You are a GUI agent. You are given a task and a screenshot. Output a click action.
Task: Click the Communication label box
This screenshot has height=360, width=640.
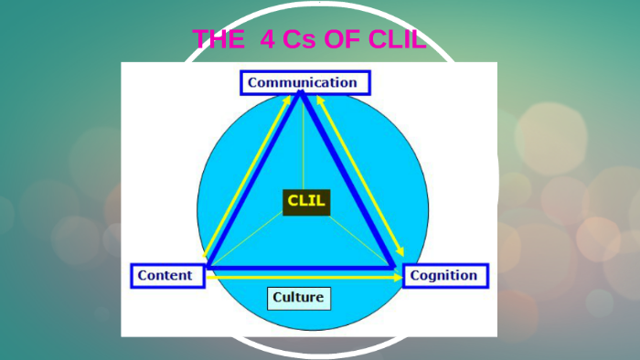pyautogui.click(x=305, y=83)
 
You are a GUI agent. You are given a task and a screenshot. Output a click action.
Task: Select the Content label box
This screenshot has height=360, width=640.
pyautogui.click(x=165, y=275)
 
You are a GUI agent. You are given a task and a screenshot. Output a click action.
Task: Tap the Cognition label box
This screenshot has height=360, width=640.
pyautogui.click(x=445, y=275)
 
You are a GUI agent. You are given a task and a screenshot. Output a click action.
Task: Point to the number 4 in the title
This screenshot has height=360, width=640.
pyautogui.click(x=266, y=39)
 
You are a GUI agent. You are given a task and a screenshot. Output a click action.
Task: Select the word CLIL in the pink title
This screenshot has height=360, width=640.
pyautogui.click(x=395, y=39)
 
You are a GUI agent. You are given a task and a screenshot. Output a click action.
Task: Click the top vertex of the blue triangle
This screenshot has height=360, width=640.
pyautogui.click(x=303, y=94)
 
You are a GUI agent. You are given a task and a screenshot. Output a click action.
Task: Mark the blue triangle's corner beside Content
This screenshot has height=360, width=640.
pyautogui.click(x=209, y=267)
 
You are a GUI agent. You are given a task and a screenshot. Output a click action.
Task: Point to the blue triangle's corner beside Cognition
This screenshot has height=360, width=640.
pyautogui.click(x=394, y=267)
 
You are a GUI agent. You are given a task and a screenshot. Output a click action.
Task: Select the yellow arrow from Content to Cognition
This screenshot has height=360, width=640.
pyautogui.click(x=302, y=277)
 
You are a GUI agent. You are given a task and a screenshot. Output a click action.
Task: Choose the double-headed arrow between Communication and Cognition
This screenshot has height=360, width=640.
pyautogui.click(x=361, y=174)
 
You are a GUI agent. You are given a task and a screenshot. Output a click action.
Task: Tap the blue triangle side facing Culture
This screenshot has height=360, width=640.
pyautogui.click(x=302, y=268)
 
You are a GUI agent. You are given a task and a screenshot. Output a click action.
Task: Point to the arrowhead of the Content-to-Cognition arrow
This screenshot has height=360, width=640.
pyautogui.click(x=398, y=277)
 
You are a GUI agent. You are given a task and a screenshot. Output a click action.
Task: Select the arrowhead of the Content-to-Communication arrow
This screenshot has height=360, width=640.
pyautogui.click(x=288, y=94)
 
